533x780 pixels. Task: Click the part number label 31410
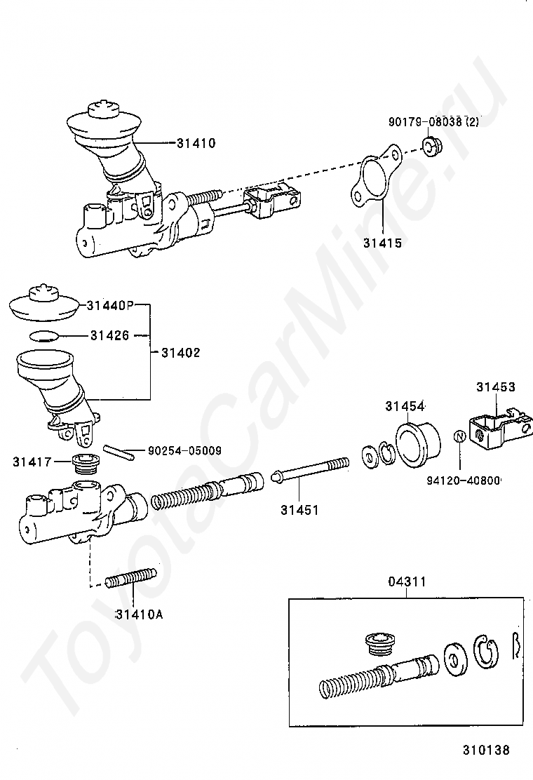pyautogui.click(x=196, y=143)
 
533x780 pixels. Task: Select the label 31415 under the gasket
pyautogui.click(x=382, y=243)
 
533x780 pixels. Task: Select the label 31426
pyautogui.click(x=109, y=335)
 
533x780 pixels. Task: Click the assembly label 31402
pyautogui.click(x=180, y=353)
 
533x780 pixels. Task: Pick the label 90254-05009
pyautogui.click(x=184, y=451)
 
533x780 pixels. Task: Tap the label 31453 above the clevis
pyautogui.click(x=496, y=386)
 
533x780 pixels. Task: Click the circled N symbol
pyautogui.click(x=459, y=436)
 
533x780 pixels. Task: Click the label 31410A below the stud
pyautogui.click(x=139, y=614)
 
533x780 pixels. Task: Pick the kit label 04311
pyautogui.click(x=407, y=581)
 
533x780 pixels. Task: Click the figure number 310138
pyautogui.click(x=485, y=750)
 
